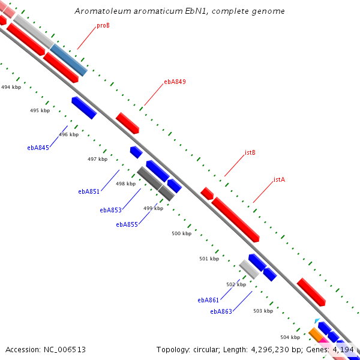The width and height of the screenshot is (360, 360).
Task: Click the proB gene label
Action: pyautogui.click(x=103, y=26)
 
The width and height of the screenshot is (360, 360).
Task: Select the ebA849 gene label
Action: pyautogui.click(x=175, y=82)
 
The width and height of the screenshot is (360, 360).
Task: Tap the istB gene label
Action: pyautogui.click(x=250, y=152)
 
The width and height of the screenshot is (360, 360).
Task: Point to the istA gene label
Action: pyautogui.click(x=279, y=179)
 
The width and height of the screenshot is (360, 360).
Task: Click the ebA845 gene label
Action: pyautogui.click(x=38, y=147)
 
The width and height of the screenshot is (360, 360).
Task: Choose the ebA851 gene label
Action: pyautogui.click(x=89, y=192)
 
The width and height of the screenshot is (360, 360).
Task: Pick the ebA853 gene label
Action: pyautogui.click(x=111, y=210)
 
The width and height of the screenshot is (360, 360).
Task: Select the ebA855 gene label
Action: pyautogui.click(x=127, y=224)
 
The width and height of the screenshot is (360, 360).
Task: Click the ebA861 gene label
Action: pyautogui.click(x=208, y=300)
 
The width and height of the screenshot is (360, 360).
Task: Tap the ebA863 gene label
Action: pyautogui.click(x=221, y=311)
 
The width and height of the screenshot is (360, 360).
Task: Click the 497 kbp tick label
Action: pyautogui.click(x=97, y=159)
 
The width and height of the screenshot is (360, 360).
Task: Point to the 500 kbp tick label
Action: pyautogui.click(x=181, y=233)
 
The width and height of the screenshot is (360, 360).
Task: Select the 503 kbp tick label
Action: pyautogui.click(x=263, y=311)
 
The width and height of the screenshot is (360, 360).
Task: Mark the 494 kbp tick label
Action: pyautogui.click(x=11, y=87)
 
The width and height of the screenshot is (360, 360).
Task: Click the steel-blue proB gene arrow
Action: pyautogui.click(x=69, y=60)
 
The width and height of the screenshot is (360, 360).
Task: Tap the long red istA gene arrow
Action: pyautogui.click(x=235, y=219)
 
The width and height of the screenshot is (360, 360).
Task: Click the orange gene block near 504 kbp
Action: pyautogui.click(x=315, y=334)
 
